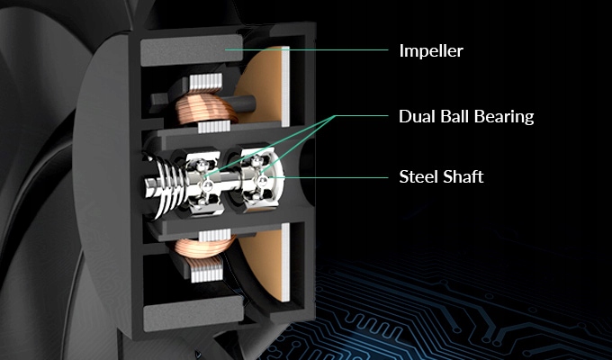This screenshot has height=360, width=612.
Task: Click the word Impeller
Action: [x=430, y=50]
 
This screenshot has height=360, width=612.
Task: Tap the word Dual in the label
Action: [x=416, y=117]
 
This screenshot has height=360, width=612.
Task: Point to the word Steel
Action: [x=418, y=176]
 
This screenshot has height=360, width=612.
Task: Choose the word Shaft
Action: [x=463, y=176]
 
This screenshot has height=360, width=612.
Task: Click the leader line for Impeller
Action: [x=306, y=49]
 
